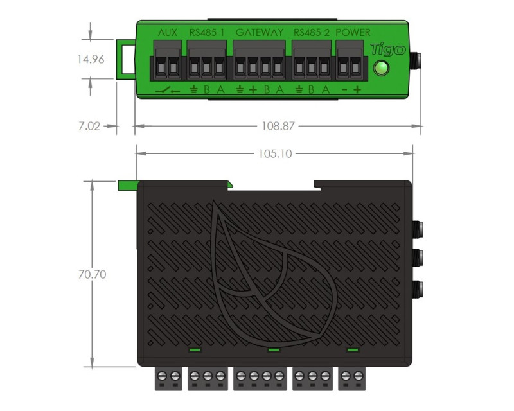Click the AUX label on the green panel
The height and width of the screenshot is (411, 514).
pos(168,33)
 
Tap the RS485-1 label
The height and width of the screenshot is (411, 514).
pos(207,33)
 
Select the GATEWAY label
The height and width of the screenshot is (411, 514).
pos(260,33)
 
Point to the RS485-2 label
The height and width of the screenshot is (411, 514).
pos(312,33)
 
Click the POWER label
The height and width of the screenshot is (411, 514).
pos(353,33)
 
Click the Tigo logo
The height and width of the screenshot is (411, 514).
pos(388,49)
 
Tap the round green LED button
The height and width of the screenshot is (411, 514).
pos(381,69)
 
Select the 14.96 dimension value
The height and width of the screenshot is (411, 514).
pos(91,59)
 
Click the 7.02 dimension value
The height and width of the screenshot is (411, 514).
pos(89,126)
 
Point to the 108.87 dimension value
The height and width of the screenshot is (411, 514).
pos(278,126)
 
